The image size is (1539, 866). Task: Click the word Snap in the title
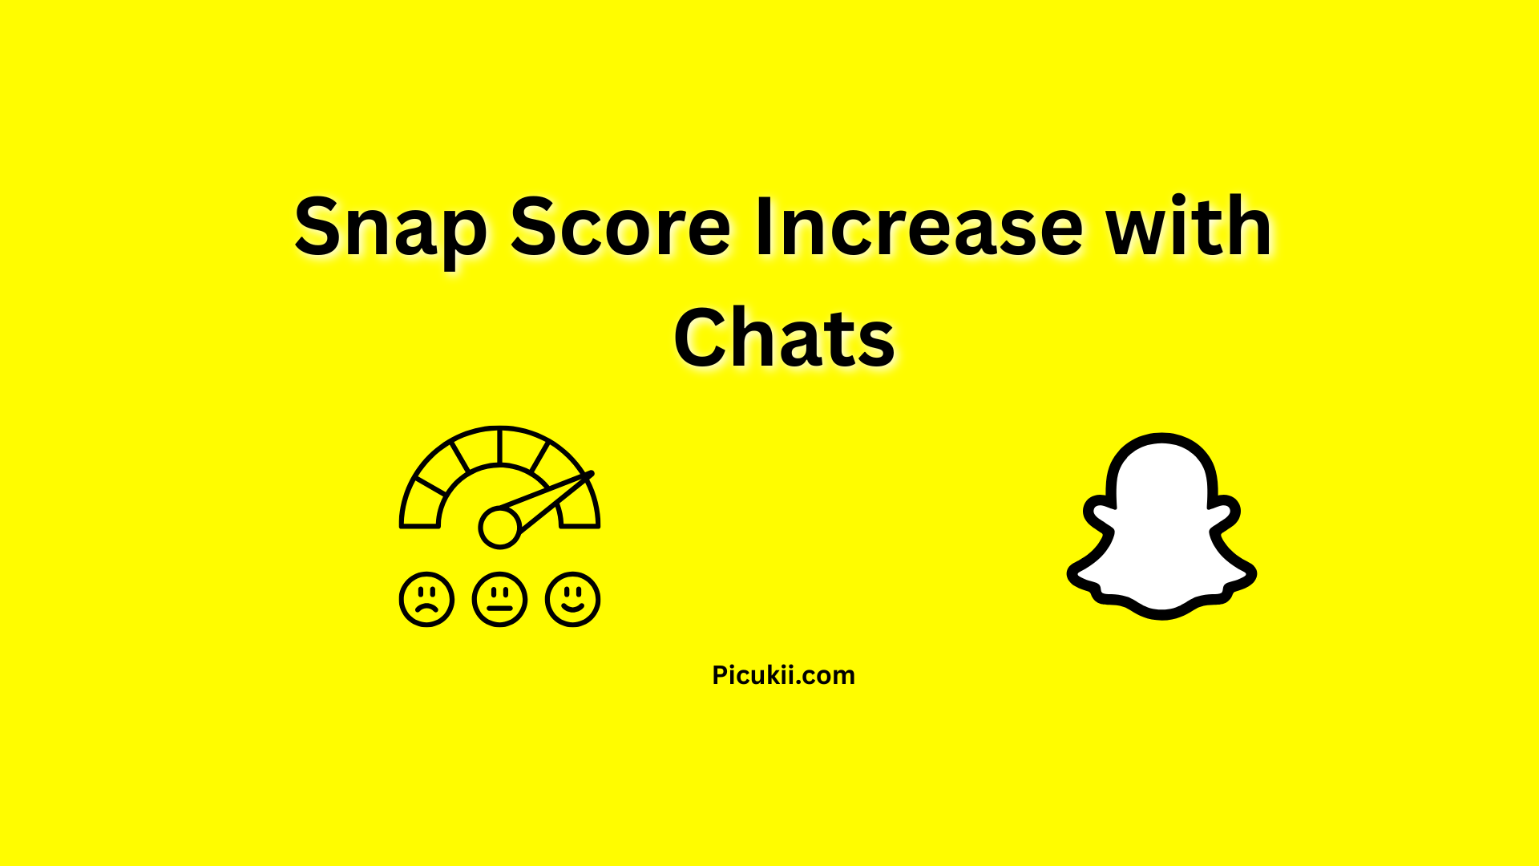pos(390,229)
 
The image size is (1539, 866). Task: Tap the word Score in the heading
pos(620,229)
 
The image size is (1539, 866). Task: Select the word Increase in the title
pos(919,229)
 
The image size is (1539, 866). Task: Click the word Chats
pos(784,340)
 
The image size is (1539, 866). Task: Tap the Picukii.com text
pos(783,675)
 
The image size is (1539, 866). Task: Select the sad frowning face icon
pos(426,599)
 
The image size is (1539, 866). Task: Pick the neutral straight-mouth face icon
pos(499,599)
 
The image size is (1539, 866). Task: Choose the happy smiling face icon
pos(572,599)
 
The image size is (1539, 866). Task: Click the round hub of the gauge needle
pos(499,528)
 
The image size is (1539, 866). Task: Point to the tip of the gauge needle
pos(590,475)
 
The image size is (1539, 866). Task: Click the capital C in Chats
pos(703,339)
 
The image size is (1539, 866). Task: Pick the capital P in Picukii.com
pos(720,675)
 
